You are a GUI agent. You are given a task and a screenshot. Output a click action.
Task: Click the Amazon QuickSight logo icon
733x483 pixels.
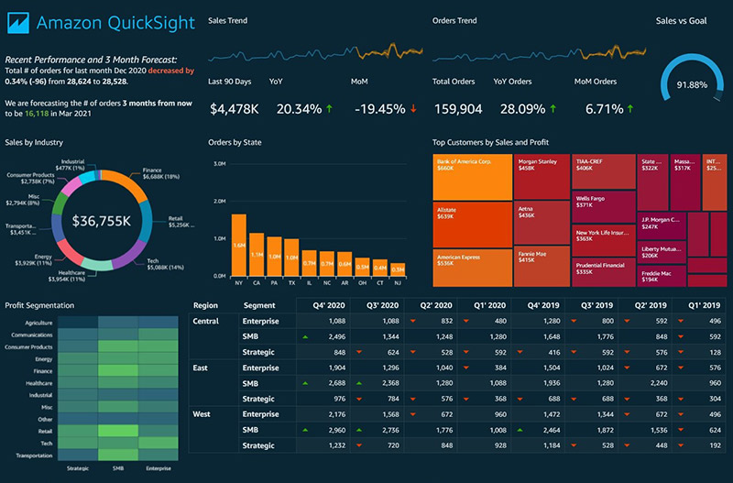click(19, 23)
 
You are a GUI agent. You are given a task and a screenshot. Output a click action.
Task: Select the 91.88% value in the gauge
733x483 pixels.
click(692, 84)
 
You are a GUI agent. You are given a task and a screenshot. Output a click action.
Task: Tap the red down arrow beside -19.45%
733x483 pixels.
click(413, 109)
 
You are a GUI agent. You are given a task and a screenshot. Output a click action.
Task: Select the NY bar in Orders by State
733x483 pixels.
click(238, 245)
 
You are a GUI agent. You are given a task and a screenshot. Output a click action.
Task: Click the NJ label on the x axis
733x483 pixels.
click(398, 284)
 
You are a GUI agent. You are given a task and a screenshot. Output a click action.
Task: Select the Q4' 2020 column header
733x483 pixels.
click(328, 305)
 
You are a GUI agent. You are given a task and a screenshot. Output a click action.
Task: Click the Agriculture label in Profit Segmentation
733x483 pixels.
click(38, 323)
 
